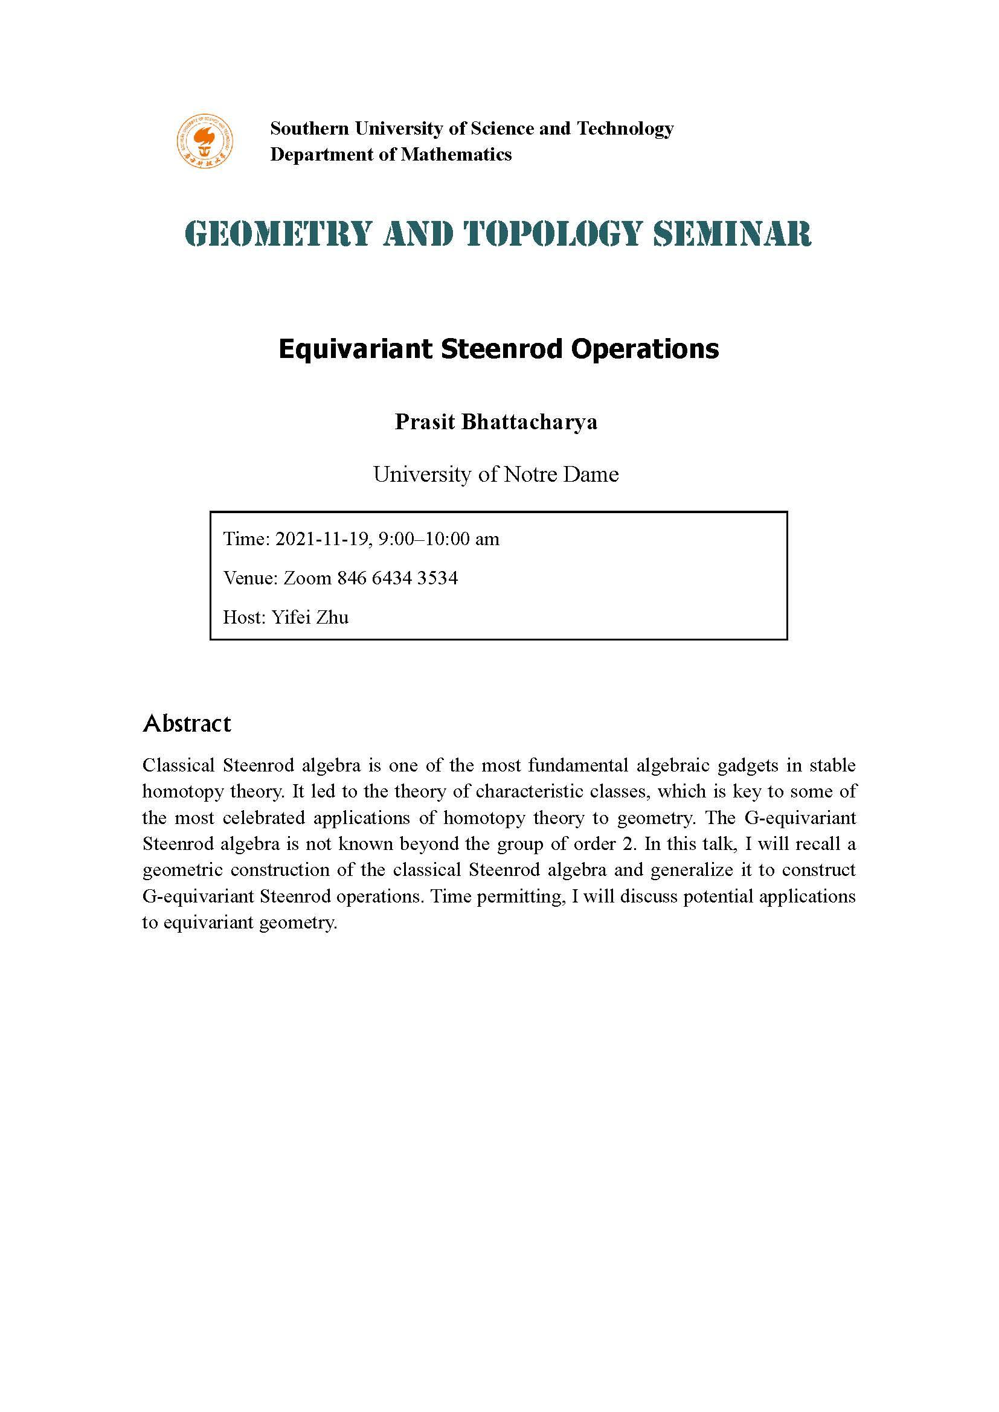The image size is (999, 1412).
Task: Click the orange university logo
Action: coord(205,141)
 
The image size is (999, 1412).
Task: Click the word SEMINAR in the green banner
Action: coord(732,234)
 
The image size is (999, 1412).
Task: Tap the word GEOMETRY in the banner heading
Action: coord(278,234)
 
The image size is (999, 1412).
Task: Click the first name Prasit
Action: coord(423,422)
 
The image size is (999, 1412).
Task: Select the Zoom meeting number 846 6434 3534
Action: coord(397,578)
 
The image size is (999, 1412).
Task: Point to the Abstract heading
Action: coord(187,723)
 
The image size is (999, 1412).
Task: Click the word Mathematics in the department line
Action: coord(456,155)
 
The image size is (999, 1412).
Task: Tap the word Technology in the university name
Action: coord(625,129)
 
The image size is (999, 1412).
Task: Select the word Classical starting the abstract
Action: coord(178,765)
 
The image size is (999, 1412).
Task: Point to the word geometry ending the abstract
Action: coord(298,923)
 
